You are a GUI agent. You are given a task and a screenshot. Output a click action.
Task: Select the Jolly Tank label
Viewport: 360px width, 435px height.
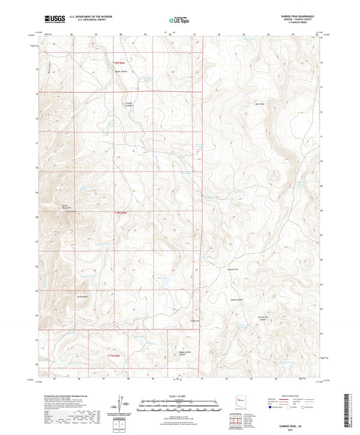[x=162, y=277]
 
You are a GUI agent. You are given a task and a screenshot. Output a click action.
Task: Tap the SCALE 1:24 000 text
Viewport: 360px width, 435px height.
[x=180, y=395]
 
